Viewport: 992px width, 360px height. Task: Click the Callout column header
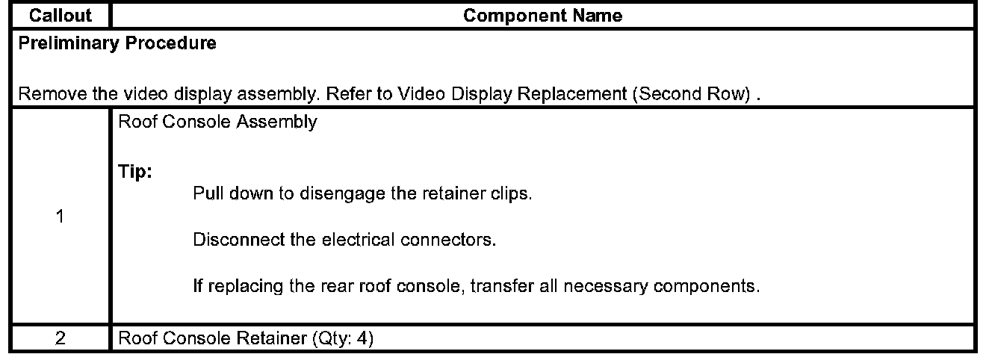(x=60, y=16)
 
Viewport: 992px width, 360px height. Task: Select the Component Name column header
(x=543, y=16)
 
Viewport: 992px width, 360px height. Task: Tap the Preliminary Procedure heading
(x=117, y=43)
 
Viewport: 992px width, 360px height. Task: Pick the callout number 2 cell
(x=60, y=338)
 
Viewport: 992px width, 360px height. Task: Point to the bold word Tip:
(x=135, y=172)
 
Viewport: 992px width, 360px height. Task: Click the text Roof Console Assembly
(x=217, y=122)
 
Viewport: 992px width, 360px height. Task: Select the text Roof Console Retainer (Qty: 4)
(x=245, y=338)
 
